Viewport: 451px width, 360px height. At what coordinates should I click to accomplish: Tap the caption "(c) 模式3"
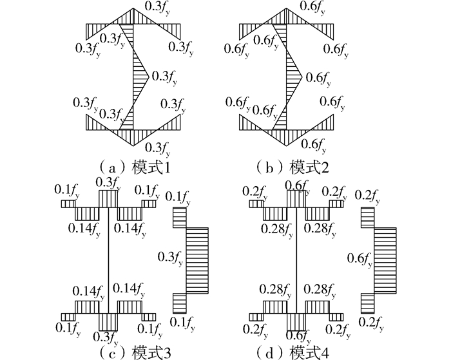pos(134,352)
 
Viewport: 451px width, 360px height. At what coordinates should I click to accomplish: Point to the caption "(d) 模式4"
pos(293,352)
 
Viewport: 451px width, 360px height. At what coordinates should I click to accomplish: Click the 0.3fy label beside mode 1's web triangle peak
pos(164,78)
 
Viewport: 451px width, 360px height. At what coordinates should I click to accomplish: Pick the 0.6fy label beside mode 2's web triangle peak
pos(318,79)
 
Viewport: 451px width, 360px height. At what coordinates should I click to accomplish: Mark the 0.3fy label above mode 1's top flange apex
pos(157,8)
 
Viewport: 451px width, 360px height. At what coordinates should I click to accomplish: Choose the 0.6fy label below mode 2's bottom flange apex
pos(314,145)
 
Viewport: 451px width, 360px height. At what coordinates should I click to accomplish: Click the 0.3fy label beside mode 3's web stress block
pos(170,258)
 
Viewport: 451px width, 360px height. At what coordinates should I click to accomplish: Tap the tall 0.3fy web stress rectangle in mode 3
pos(197,261)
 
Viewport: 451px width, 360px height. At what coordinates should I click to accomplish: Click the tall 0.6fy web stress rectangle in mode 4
pos(385,261)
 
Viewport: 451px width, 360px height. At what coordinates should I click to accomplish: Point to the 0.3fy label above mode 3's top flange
pos(108,184)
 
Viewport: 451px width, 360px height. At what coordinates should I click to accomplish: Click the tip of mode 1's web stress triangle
pos(149,77)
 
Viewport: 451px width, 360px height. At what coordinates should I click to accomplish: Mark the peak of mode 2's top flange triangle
pos(287,8)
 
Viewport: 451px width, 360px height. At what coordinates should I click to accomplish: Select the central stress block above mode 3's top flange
pos(108,199)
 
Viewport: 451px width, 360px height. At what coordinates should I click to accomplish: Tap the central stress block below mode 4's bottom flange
pos(296,322)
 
